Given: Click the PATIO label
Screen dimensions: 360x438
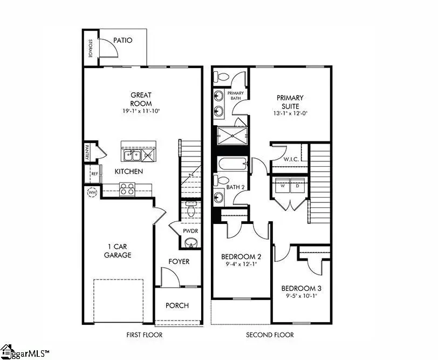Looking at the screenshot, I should (124, 40).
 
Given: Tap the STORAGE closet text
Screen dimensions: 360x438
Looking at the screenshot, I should (91, 49).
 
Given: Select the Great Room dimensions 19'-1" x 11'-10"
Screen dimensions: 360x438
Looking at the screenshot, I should (141, 111).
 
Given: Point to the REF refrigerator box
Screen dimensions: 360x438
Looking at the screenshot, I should (94, 174).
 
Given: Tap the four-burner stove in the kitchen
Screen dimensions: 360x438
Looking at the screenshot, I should (127, 189).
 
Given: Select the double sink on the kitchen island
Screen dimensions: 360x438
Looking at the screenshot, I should (132, 156).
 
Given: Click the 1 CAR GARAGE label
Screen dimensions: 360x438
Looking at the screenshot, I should (118, 250).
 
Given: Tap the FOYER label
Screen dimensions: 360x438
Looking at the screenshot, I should (179, 261).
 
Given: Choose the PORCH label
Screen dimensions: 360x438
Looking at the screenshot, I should (177, 305).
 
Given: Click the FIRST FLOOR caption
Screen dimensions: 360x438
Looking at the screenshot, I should (144, 335).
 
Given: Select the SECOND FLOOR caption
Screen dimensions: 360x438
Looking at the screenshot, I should (270, 335).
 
